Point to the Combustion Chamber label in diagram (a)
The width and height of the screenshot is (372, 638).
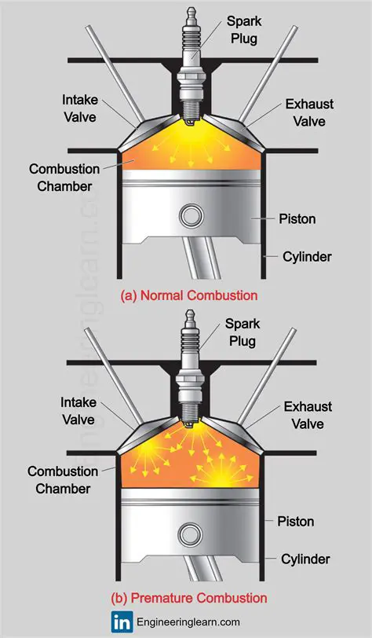65,177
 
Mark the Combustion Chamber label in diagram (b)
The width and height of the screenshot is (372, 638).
64,481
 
